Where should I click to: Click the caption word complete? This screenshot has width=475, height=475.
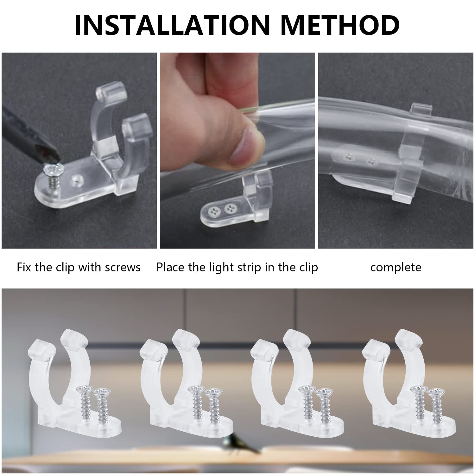tap(396, 268)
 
